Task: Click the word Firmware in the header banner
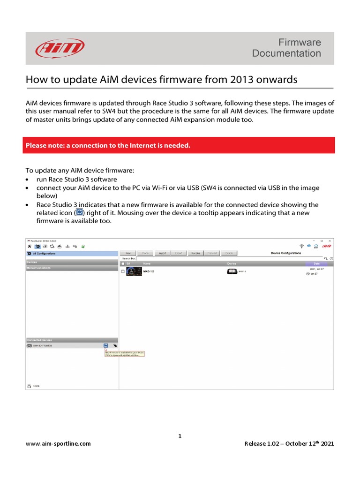(300, 42)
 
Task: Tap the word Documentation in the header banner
(286, 53)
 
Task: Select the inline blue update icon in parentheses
(79, 213)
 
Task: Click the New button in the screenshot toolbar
(128, 253)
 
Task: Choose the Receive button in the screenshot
(195, 253)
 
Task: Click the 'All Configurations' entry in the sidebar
(44, 253)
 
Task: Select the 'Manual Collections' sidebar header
(38, 268)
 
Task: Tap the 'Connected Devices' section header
(39, 340)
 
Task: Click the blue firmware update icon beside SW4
(106, 345)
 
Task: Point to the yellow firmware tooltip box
(125, 353)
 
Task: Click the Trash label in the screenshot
(36, 386)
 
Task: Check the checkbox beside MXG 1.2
(123, 271)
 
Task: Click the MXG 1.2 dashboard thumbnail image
(134, 272)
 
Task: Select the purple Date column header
(316, 263)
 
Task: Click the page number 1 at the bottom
(180, 436)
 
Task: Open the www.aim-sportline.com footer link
(58, 443)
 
